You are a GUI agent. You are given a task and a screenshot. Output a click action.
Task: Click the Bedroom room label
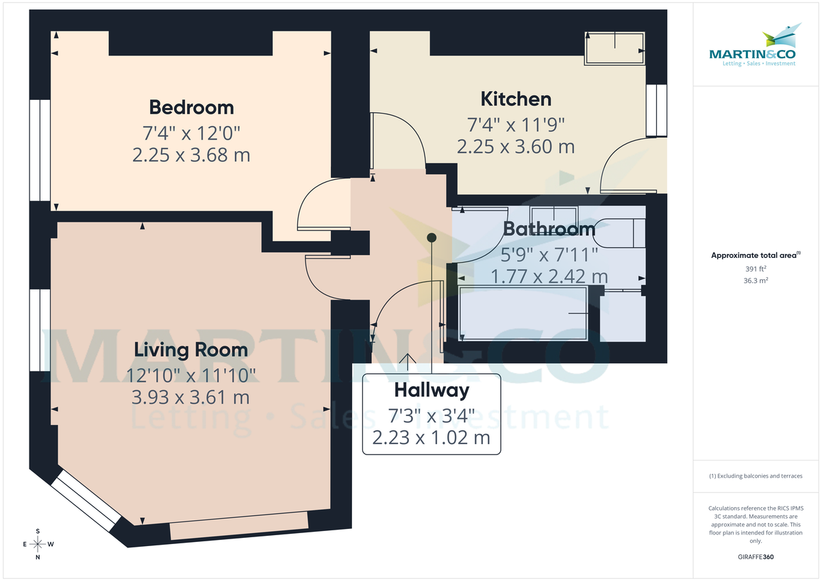click(191, 107)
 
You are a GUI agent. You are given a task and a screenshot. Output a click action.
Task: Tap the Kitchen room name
click(516, 99)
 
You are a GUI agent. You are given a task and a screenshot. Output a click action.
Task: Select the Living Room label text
click(190, 350)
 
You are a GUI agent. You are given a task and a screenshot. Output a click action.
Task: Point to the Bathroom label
click(549, 229)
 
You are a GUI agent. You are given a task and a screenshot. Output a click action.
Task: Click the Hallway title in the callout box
click(432, 391)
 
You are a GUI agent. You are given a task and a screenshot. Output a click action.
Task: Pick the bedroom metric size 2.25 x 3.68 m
click(191, 155)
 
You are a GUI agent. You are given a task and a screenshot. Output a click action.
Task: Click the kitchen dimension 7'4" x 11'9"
click(516, 124)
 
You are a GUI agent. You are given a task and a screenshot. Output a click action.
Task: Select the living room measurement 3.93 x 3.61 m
click(190, 397)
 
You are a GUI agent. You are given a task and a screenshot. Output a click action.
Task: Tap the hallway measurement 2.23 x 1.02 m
click(432, 437)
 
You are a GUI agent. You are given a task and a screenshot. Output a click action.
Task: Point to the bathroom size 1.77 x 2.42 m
click(549, 276)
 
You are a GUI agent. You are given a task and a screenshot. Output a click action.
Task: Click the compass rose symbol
click(38, 544)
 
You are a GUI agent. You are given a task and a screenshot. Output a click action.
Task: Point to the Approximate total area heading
click(756, 255)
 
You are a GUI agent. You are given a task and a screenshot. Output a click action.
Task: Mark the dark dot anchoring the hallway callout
click(432, 237)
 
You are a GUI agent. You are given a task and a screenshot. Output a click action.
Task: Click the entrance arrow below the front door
click(408, 361)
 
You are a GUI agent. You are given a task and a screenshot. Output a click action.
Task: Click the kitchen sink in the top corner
click(614, 48)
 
